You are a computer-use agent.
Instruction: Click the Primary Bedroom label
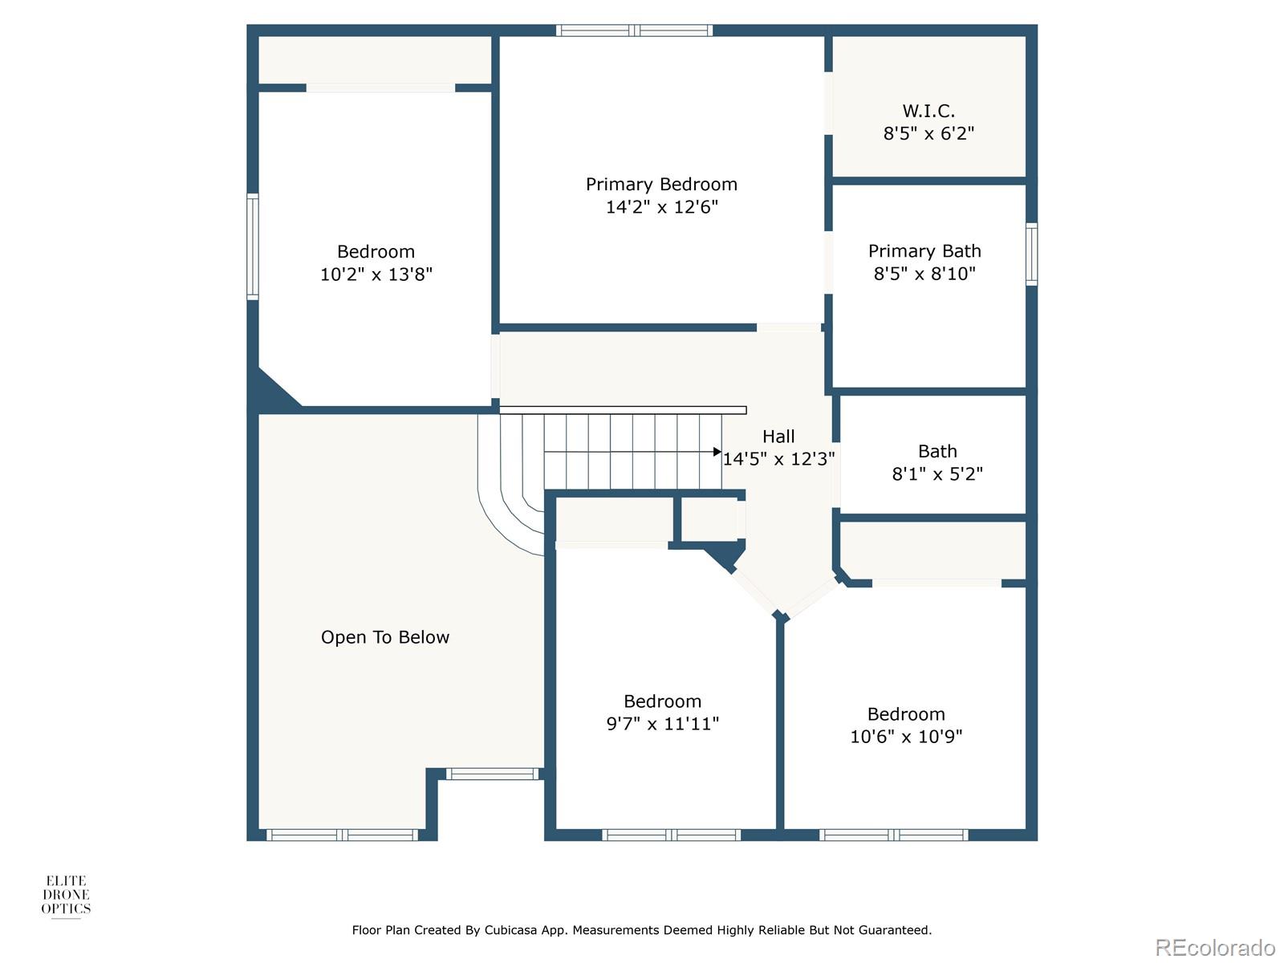click(661, 185)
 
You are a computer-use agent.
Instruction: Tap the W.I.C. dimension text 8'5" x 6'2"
click(928, 134)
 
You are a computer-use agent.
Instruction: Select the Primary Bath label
click(924, 251)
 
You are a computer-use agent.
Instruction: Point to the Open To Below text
click(385, 637)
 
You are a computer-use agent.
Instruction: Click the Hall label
click(778, 437)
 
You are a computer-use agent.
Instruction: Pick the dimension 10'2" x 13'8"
click(376, 274)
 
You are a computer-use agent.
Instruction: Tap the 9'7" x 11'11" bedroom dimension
click(662, 724)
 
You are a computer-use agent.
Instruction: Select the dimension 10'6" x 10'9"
click(906, 737)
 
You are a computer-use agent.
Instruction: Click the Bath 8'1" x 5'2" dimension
click(937, 474)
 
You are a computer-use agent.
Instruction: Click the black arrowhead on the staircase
click(717, 452)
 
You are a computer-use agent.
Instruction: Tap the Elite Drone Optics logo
click(66, 896)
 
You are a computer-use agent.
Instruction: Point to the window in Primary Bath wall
click(1031, 254)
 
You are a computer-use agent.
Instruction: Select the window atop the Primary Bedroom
click(635, 30)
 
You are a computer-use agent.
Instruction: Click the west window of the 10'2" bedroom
click(252, 246)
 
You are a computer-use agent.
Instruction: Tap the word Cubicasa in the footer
click(511, 930)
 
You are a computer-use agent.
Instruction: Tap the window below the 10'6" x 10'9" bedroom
click(893, 835)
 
